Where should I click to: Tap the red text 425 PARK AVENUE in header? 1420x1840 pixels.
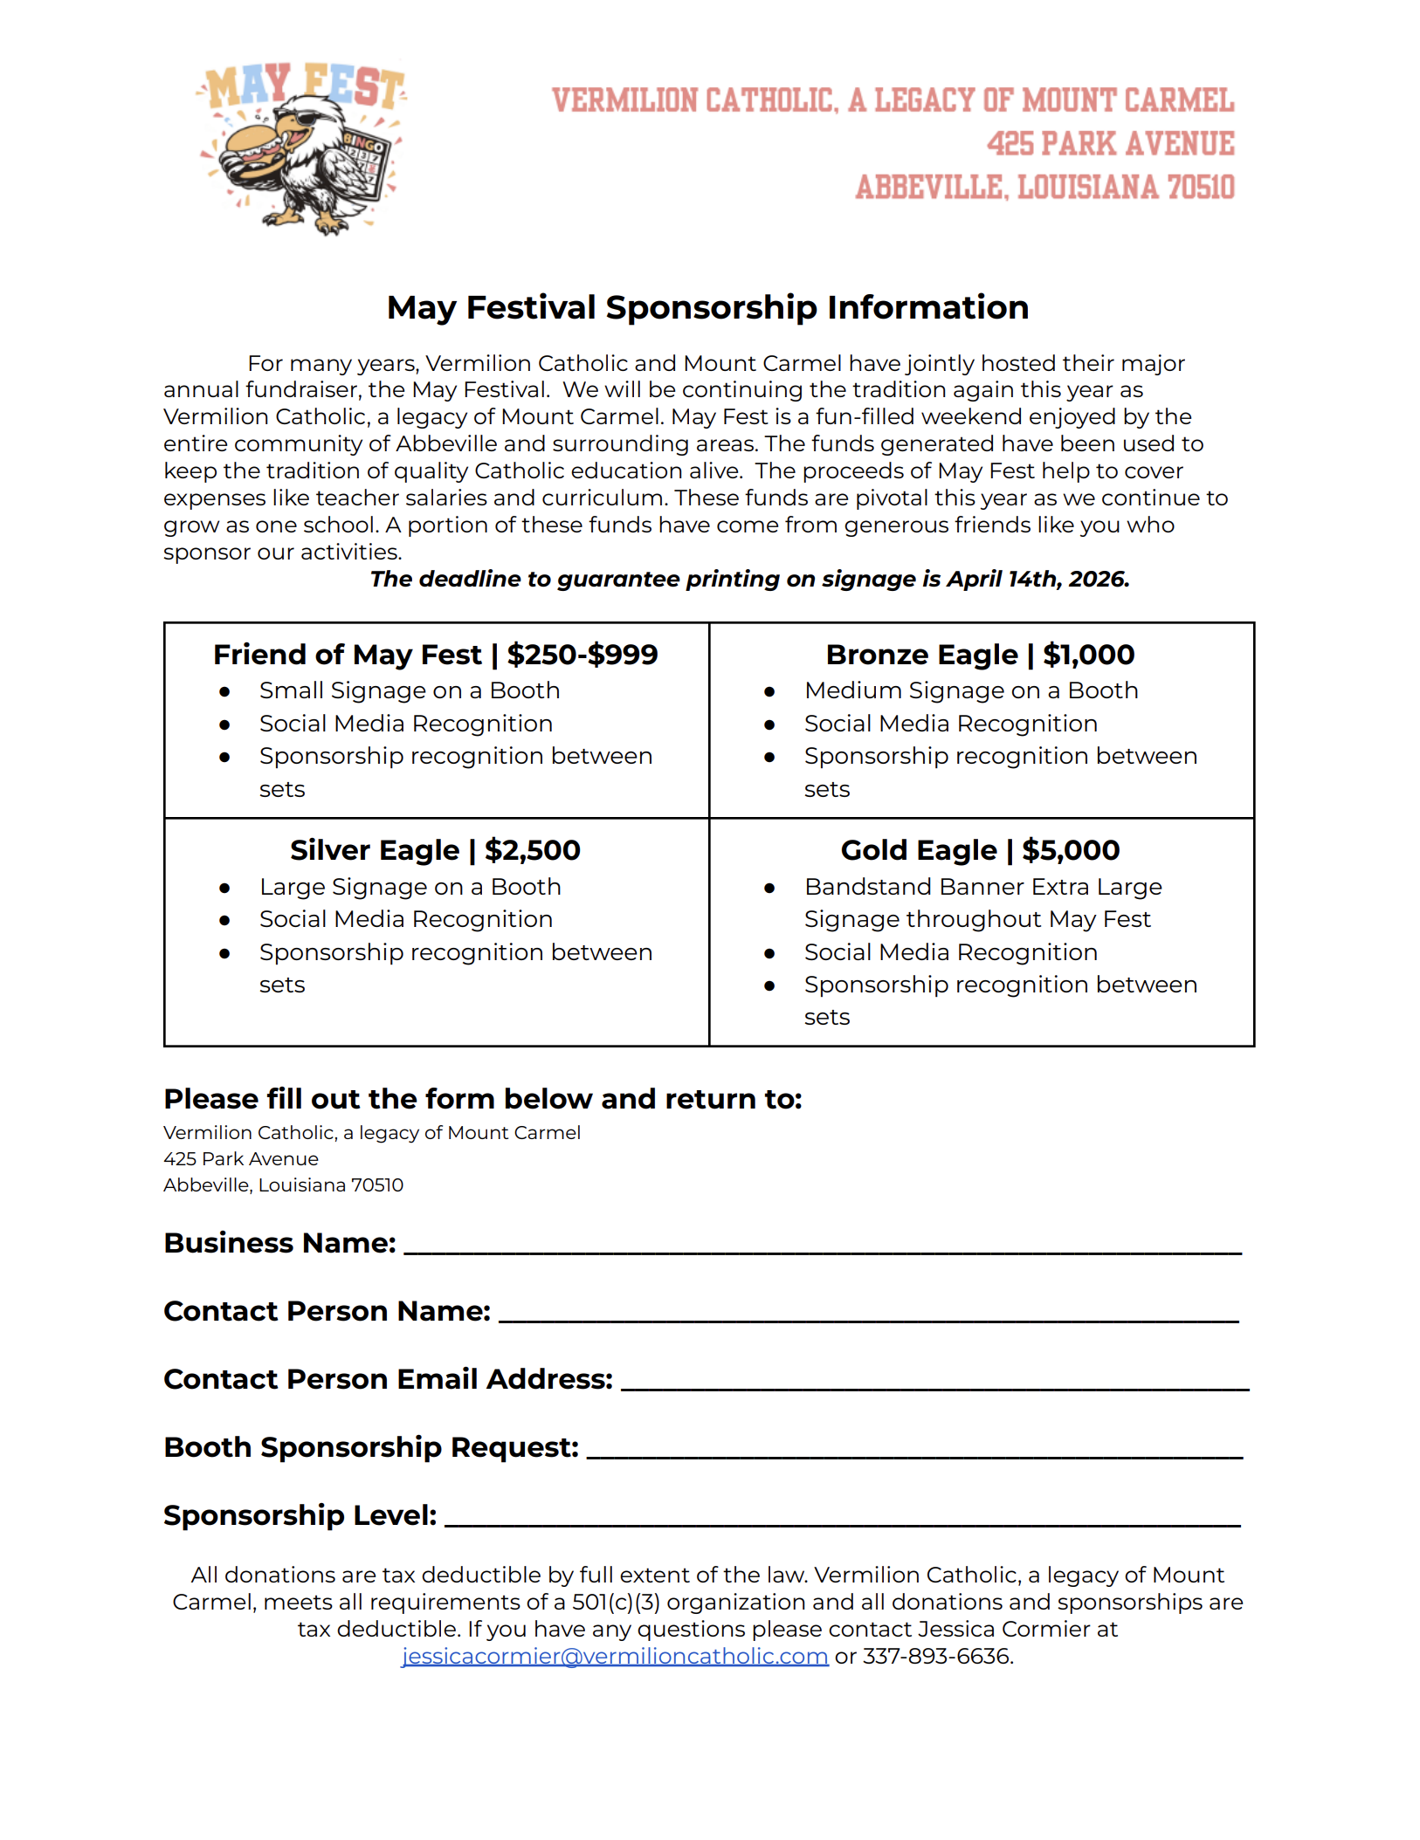point(1110,144)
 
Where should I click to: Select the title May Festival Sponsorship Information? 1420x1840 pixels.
point(707,308)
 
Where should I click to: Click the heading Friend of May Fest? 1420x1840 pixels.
point(347,655)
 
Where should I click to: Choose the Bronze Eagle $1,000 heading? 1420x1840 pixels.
point(980,655)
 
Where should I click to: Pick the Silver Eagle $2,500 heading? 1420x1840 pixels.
point(435,850)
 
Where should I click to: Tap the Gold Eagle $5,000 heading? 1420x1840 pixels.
point(980,850)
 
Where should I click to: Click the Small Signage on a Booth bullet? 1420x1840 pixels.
point(409,690)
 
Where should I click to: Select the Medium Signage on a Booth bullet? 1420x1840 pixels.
point(971,690)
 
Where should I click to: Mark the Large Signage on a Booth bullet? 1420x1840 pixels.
point(410,887)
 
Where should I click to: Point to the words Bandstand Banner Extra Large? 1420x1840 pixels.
point(982,887)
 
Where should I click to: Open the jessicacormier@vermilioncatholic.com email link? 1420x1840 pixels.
point(615,1657)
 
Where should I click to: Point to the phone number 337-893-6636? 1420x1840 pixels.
point(937,1657)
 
